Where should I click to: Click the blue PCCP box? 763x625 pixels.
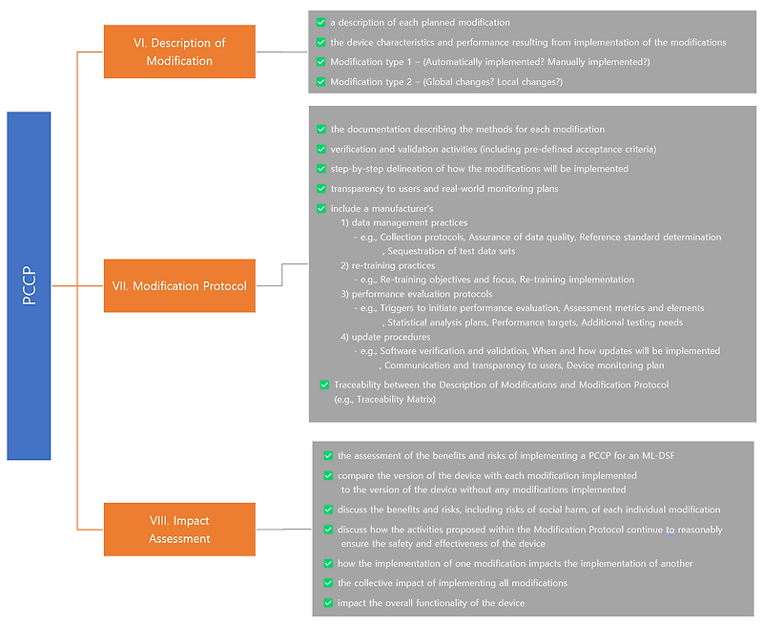pyautogui.click(x=29, y=285)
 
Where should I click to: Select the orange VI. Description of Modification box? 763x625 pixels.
pyautogui.click(x=179, y=52)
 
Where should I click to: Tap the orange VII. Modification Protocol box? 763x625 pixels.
pyautogui.click(x=179, y=285)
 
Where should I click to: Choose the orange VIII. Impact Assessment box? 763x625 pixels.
pyautogui.click(x=179, y=530)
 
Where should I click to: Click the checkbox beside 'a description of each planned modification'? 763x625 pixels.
pyautogui.click(x=320, y=22)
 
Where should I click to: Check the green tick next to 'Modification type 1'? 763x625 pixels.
pyautogui.click(x=320, y=62)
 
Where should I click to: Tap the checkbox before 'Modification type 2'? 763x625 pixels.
pyautogui.click(x=320, y=82)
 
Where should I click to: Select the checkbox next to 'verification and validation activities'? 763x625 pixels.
pyautogui.click(x=320, y=149)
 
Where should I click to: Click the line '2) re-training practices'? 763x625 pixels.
pyautogui.click(x=387, y=265)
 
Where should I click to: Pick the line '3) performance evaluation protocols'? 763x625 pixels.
pyautogui.click(x=416, y=294)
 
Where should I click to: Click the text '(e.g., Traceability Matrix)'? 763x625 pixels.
pyautogui.click(x=384, y=399)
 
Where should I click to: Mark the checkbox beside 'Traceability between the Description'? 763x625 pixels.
pyautogui.click(x=324, y=385)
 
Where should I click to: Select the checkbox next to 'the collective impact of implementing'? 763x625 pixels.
pyautogui.click(x=328, y=583)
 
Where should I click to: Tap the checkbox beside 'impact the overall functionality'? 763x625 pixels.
pyautogui.click(x=328, y=603)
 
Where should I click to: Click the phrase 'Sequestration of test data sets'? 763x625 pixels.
pyautogui.click(x=449, y=251)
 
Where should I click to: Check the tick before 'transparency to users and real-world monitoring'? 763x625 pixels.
pyautogui.click(x=320, y=189)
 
